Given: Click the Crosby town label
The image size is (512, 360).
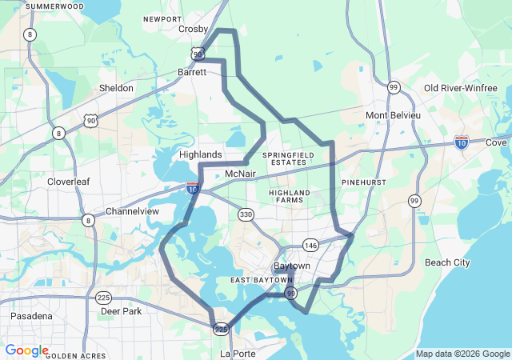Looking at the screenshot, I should click(193, 29).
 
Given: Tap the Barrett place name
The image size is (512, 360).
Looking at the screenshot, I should click(192, 71).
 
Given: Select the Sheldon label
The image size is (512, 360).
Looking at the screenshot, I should click(116, 88).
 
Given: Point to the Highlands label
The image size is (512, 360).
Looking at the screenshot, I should click(200, 154).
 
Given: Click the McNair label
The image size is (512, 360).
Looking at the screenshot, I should click(240, 174).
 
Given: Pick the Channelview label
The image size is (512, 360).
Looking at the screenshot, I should click(133, 212).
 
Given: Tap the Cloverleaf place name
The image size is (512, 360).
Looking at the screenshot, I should click(68, 182).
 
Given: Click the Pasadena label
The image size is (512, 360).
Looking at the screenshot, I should click(31, 316).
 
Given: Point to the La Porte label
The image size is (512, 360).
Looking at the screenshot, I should click(237, 352).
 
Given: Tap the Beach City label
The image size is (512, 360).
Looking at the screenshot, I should click(447, 262).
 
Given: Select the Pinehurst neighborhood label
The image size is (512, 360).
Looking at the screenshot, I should click(364, 182).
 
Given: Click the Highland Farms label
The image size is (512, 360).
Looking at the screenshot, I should click(289, 198).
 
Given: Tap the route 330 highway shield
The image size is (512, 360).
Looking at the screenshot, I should click(246, 214).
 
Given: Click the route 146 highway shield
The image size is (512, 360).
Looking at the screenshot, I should click(310, 245).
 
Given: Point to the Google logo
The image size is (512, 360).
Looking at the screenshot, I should click(26, 350).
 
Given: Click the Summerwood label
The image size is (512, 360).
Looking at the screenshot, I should click(54, 6).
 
